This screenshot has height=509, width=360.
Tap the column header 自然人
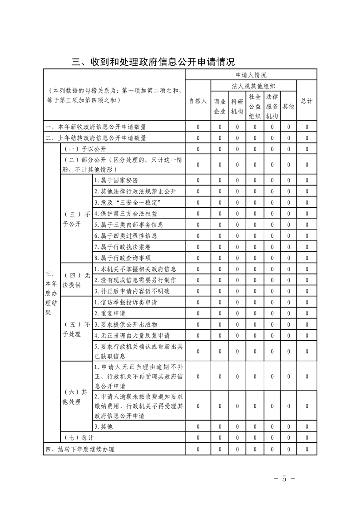[197, 101]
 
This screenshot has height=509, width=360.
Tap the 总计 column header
[307, 101]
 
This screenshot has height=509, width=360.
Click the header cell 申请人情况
[251, 75]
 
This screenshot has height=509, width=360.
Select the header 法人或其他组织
[254, 86]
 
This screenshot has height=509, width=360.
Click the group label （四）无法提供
[76, 280]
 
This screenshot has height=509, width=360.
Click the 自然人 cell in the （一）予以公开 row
[197, 149]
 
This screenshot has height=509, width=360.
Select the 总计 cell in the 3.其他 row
[307, 426]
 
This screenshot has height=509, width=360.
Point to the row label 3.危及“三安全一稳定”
[128, 202]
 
